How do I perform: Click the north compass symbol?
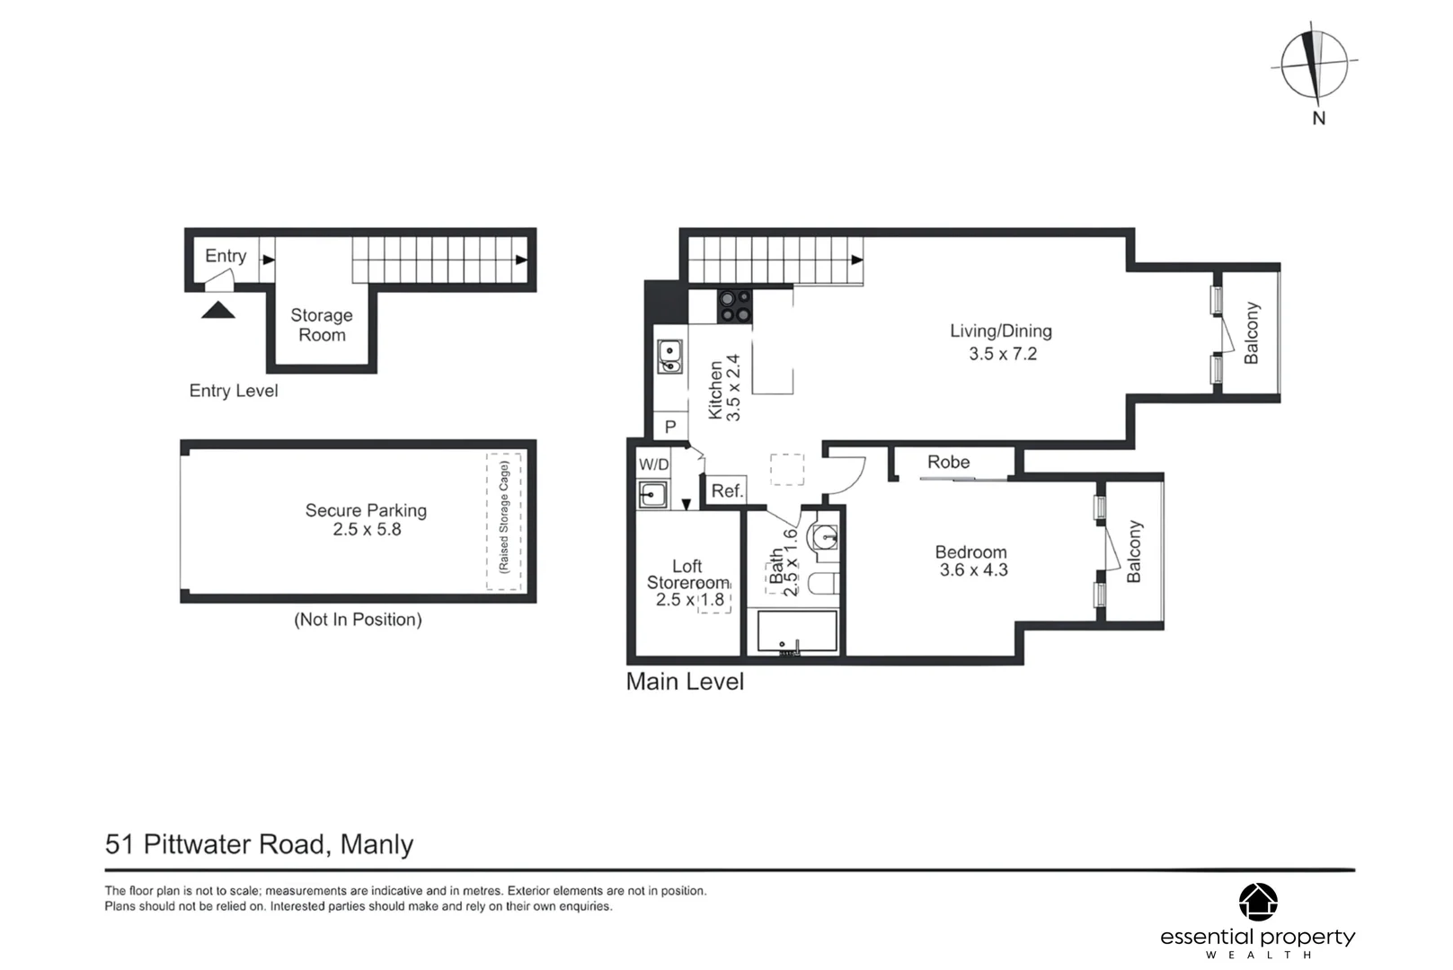1314,66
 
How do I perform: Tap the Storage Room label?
322,325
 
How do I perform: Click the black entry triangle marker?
218,311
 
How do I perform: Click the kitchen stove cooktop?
734,306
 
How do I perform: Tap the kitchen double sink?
669,357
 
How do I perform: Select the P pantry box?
669,428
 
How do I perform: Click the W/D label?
653,465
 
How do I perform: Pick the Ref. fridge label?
727,490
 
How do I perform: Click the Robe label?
948,462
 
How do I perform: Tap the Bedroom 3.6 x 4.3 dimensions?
973,570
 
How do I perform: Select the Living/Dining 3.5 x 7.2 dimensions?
1002,354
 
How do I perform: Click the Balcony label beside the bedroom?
1134,551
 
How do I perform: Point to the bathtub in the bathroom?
797,632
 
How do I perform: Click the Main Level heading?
685,682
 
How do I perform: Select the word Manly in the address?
377,844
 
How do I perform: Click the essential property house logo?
1257,902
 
